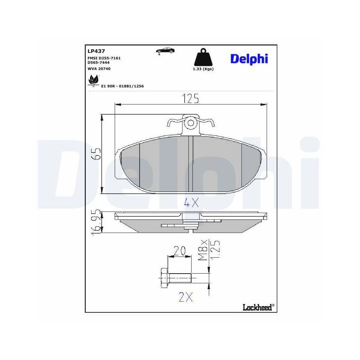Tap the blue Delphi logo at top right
coord(249,59)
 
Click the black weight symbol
coord(203,58)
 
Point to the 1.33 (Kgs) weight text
coord(203,69)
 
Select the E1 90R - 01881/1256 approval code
coord(122,86)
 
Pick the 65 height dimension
coord(96,154)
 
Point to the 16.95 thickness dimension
coord(96,222)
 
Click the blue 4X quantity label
coord(191,203)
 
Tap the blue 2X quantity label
coord(186,297)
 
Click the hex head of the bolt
coord(163,278)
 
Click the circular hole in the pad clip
coord(190,123)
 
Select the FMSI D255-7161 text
coord(104,58)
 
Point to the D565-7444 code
coord(98,62)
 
